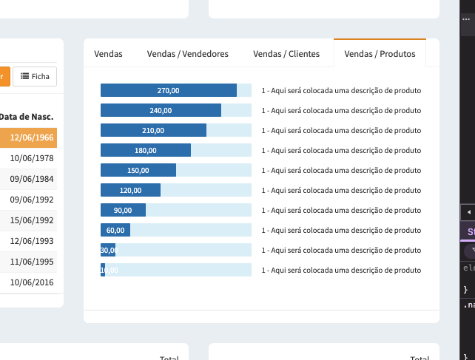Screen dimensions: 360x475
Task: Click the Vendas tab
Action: pyautogui.click(x=109, y=54)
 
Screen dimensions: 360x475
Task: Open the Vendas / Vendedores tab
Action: pyautogui.click(x=188, y=54)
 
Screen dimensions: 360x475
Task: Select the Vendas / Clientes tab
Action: pyautogui.click(x=286, y=54)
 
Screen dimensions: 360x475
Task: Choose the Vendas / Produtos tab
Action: pyautogui.click(x=380, y=54)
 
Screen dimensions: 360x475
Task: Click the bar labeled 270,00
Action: pyautogui.click(x=169, y=90)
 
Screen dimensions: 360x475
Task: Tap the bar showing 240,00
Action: pyautogui.click(x=161, y=110)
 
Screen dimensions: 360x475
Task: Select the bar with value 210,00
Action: pyautogui.click(x=153, y=130)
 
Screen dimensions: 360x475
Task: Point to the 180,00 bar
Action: pyautogui.click(x=146, y=150)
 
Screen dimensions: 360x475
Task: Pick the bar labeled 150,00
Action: pyautogui.click(x=138, y=170)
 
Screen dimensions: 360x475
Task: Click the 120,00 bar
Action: pyautogui.click(x=130, y=190)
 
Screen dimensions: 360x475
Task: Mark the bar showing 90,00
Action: pyautogui.click(x=123, y=210)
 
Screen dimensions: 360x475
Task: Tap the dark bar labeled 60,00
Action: pyautogui.click(x=115, y=230)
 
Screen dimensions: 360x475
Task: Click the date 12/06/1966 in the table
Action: pyautogui.click(x=32, y=137)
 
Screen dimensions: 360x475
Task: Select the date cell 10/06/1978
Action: pyautogui.click(x=32, y=157)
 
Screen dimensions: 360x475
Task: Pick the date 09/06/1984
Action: pyautogui.click(x=32, y=178)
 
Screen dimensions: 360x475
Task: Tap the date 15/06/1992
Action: pyautogui.click(x=32, y=220)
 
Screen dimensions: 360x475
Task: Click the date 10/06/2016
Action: pyautogui.click(x=32, y=282)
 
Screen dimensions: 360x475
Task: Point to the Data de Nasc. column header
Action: pyautogui.click(x=27, y=116)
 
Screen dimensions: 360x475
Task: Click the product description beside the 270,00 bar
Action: pyautogui.click(x=341, y=91)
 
